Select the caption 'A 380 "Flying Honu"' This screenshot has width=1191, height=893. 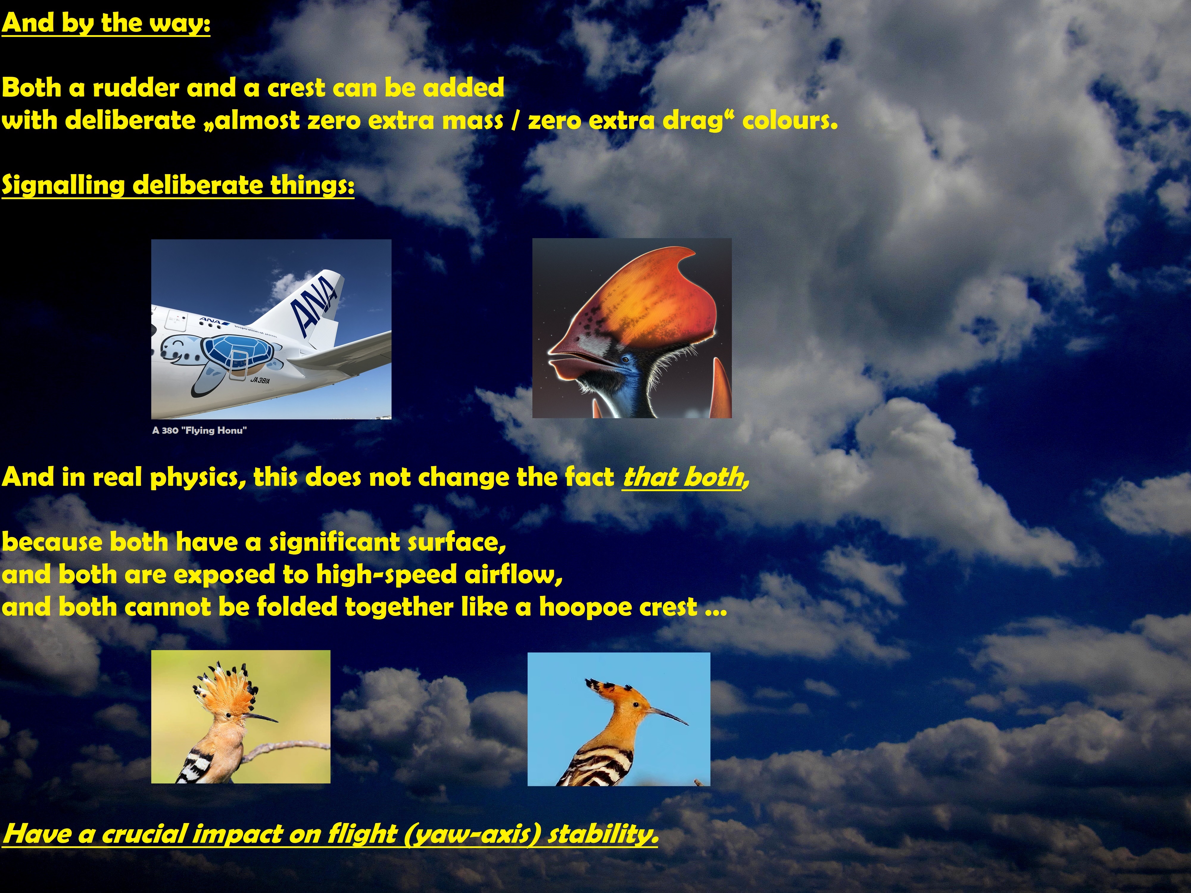pos(199,430)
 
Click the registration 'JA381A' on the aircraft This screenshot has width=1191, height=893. pos(260,380)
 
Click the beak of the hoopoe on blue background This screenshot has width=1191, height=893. pos(667,716)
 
